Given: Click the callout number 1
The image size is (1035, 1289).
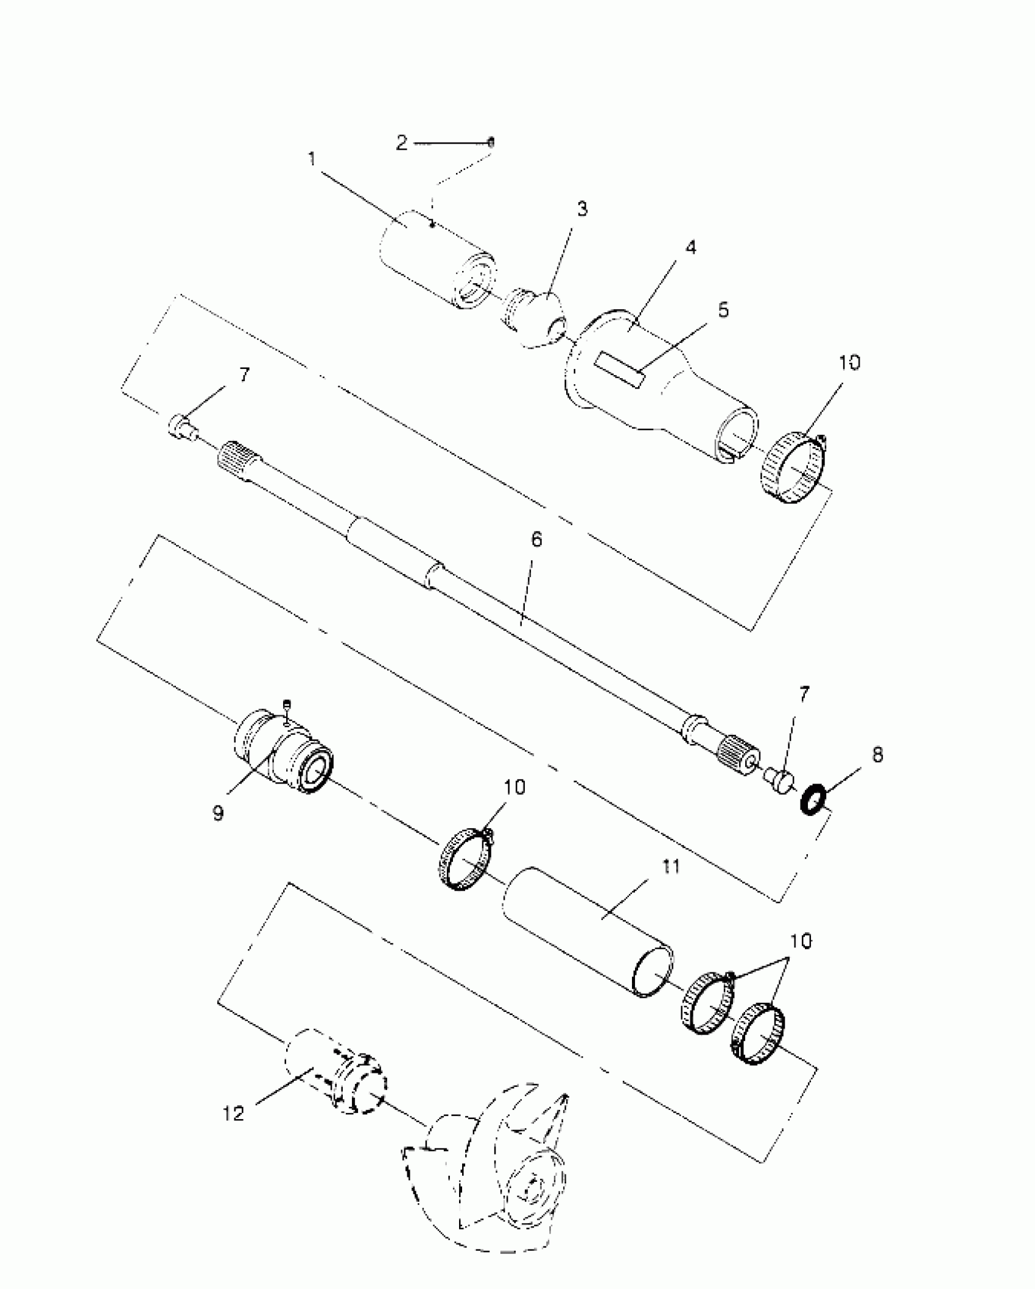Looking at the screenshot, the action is point(312,160).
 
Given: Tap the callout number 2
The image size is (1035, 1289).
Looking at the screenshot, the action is point(401,144).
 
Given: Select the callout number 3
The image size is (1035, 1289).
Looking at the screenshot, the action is point(582,209).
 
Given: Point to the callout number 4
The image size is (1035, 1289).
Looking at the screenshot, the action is point(690,248).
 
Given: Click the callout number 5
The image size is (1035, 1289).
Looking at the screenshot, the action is point(723,310).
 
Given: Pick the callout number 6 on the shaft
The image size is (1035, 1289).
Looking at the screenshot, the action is point(536,540).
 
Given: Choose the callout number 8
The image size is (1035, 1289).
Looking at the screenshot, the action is point(877,755).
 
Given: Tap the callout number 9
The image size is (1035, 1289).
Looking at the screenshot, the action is point(219,813).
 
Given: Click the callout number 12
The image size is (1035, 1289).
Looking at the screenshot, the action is point(233,1114).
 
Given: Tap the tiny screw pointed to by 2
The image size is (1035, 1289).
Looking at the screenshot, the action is point(491,142).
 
